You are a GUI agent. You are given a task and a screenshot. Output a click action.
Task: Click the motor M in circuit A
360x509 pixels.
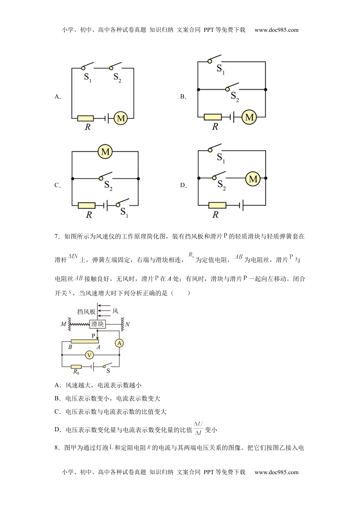121,119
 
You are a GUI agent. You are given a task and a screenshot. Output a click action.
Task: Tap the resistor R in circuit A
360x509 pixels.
86,119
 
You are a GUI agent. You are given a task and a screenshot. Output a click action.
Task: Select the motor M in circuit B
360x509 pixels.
249,117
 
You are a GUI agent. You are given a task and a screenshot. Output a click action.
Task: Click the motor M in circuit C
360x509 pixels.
105,152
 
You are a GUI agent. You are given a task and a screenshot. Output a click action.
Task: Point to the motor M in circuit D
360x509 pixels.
253,178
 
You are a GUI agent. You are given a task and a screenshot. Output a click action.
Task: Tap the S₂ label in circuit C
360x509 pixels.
108,186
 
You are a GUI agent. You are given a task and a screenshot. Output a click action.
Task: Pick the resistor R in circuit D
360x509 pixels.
217,205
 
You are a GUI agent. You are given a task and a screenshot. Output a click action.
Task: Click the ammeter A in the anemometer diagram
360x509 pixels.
119,343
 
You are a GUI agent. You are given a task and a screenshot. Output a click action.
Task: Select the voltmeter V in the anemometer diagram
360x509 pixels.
89,355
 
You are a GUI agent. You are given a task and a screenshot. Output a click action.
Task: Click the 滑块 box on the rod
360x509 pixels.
97,324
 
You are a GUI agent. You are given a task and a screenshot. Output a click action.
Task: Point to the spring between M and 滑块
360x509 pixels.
78,325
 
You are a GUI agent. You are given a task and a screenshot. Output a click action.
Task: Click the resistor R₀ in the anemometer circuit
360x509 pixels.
77,366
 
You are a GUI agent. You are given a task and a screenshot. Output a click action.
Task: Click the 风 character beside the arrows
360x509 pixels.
115,311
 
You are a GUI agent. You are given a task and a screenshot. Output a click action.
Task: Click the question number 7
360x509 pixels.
57,237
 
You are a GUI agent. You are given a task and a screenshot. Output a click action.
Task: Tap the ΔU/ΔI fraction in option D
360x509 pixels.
198,428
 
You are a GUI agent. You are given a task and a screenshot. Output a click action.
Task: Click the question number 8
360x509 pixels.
57,448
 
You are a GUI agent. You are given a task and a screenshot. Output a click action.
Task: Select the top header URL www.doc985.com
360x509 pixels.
276,30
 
